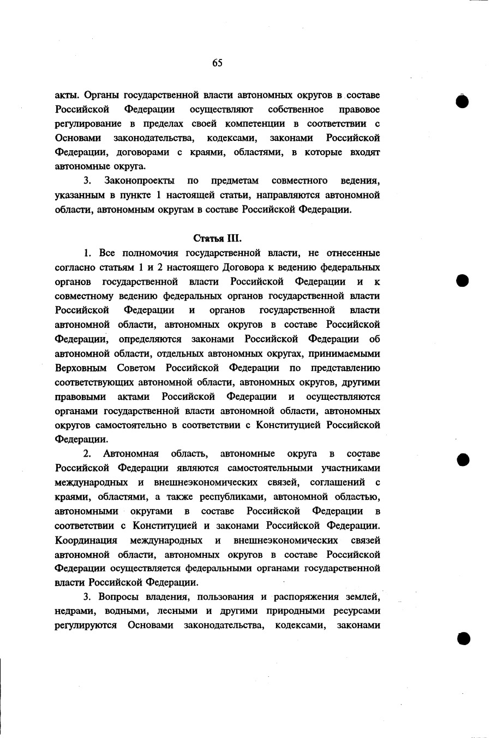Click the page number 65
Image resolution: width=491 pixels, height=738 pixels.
click(x=217, y=63)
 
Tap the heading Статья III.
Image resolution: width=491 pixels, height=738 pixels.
click(x=217, y=238)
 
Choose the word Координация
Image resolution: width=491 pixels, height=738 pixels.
click(x=87, y=540)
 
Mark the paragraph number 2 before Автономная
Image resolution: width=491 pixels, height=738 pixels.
click(x=86, y=454)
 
